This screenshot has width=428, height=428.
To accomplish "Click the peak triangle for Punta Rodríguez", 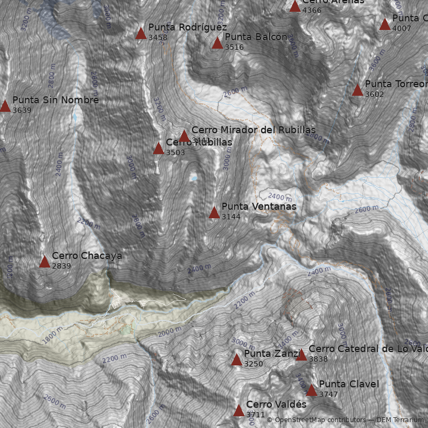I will tap(141, 34).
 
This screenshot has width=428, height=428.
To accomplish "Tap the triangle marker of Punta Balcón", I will tap(217, 43).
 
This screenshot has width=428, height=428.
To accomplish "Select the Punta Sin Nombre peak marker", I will tap(5, 106).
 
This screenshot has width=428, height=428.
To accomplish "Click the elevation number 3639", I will tap(22, 110).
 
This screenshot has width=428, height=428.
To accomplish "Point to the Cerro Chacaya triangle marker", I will tap(44, 262).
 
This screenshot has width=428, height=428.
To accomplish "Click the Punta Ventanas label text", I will tap(258, 207).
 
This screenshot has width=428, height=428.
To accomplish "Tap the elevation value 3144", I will tap(231, 217).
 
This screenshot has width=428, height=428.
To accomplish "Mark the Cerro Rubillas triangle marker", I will tap(158, 148).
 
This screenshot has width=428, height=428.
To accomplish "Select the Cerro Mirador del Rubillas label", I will tap(253, 130).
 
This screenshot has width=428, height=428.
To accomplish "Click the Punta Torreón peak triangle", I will tap(357, 90).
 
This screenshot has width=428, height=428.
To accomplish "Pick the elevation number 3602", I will tap(374, 94).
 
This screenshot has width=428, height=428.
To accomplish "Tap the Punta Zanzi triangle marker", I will tap(236, 360).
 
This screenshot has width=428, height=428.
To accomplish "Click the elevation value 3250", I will tap(254, 364).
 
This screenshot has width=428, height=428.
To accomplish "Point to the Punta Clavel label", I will tap(349, 384).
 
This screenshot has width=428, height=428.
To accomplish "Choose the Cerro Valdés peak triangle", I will tap(239, 410).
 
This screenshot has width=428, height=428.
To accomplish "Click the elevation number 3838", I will tap(318, 359).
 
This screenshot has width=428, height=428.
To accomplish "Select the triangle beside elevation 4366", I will tap(295, 6).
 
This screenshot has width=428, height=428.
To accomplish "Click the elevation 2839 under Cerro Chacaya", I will tap(62, 266).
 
